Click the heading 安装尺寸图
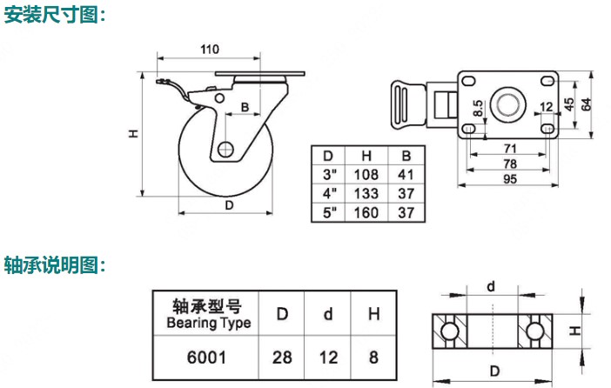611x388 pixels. click(x=53, y=15)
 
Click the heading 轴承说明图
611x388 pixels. click(x=53, y=264)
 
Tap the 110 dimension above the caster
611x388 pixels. click(x=209, y=50)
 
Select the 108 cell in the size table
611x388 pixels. click(x=366, y=174)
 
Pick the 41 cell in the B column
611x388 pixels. click(x=405, y=174)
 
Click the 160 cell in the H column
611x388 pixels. click(x=366, y=212)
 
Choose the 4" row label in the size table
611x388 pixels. click(x=328, y=193)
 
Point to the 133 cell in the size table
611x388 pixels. click(x=366, y=193)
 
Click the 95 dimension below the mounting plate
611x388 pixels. click(x=510, y=180)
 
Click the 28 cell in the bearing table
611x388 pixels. click(x=284, y=357)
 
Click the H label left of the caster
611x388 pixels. click(x=132, y=134)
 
